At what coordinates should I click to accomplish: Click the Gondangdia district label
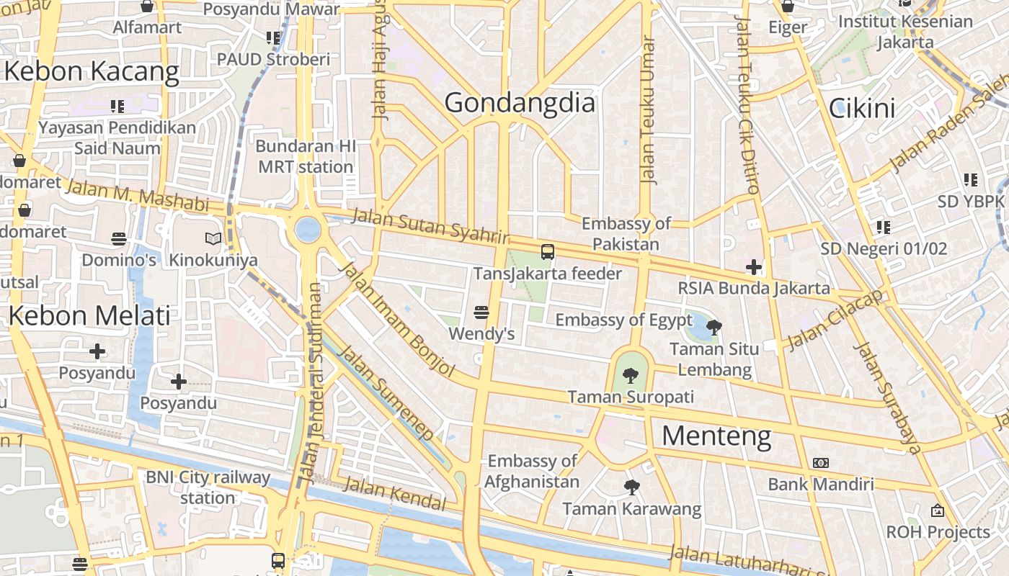click(x=520, y=103)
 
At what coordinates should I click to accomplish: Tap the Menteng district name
click(x=716, y=436)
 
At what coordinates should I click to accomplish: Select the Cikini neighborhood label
click(x=862, y=109)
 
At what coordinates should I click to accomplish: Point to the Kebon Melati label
click(x=89, y=315)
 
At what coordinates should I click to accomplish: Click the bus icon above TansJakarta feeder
click(x=548, y=252)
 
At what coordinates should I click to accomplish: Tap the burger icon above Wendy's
click(x=481, y=312)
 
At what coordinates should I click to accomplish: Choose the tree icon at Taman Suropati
click(x=631, y=375)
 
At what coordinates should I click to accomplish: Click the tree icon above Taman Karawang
click(x=632, y=487)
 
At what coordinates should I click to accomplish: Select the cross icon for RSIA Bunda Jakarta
click(x=754, y=268)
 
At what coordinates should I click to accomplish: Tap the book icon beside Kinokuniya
click(x=213, y=238)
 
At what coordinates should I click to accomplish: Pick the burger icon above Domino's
click(x=119, y=238)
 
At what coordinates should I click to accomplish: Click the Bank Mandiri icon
click(x=820, y=463)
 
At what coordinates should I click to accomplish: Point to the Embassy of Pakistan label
click(x=626, y=234)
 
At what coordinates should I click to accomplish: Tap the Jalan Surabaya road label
click(x=887, y=398)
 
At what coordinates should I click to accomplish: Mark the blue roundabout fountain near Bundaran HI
click(x=308, y=230)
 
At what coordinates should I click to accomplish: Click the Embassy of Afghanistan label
click(x=532, y=471)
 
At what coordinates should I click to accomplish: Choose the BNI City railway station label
click(x=208, y=487)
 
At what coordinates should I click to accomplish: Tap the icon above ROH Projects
click(x=937, y=510)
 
